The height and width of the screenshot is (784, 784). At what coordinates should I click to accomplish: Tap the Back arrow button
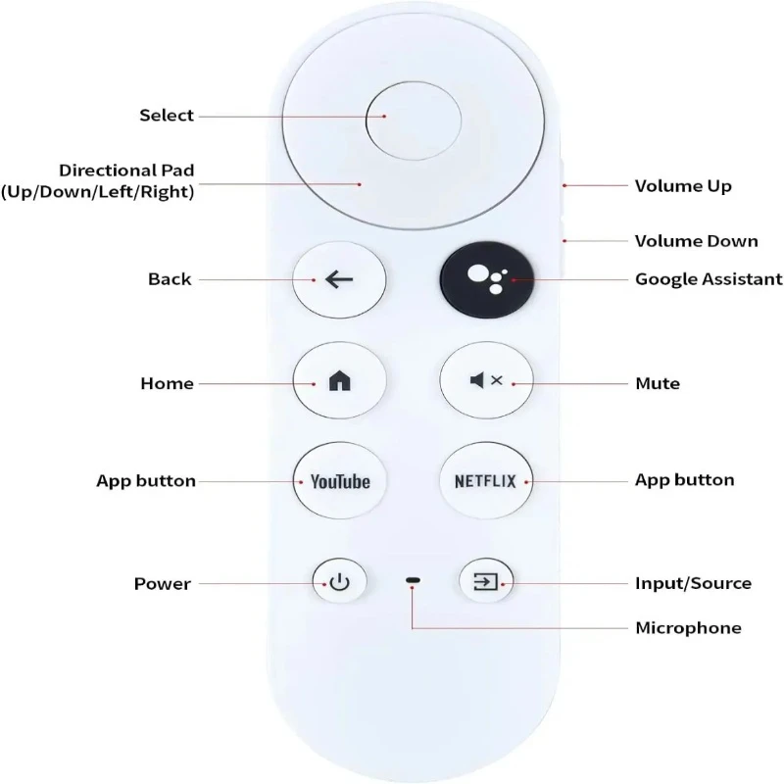[339, 279]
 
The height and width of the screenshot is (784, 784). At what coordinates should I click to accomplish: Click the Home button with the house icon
[339, 383]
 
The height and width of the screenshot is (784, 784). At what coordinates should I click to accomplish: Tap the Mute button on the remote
[486, 381]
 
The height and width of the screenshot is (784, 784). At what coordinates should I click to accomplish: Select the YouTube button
[339, 481]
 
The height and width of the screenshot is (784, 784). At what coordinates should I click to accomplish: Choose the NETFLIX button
[486, 481]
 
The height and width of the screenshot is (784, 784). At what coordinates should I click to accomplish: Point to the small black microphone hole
[413, 582]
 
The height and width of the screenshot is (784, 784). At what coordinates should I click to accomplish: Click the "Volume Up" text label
[683, 186]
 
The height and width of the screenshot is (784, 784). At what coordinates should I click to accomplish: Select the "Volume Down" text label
[696, 240]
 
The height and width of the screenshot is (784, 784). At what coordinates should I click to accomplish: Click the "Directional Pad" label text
[125, 171]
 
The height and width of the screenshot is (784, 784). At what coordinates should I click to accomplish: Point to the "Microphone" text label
[688, 627]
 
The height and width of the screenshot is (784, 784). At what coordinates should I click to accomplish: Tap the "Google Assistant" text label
[709, 279]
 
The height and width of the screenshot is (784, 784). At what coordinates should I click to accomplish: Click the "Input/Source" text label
[693, 584]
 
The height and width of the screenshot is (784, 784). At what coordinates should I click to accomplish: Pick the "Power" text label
[162, 584]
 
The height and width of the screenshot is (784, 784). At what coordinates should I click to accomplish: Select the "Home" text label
[167, 383]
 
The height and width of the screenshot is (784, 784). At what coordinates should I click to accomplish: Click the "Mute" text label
[658, 383]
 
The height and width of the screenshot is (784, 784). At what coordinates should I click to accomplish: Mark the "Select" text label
[167, 116]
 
